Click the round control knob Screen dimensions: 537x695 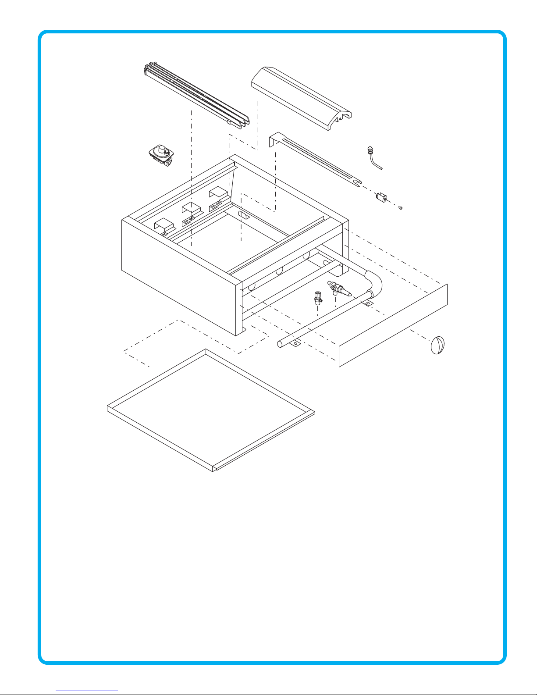(x=437, y=345)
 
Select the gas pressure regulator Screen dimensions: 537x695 (x=162, y=155)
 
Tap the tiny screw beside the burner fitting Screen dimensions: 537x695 (x=400, y=208)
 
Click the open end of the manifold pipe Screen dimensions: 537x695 (x=280, y=344)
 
